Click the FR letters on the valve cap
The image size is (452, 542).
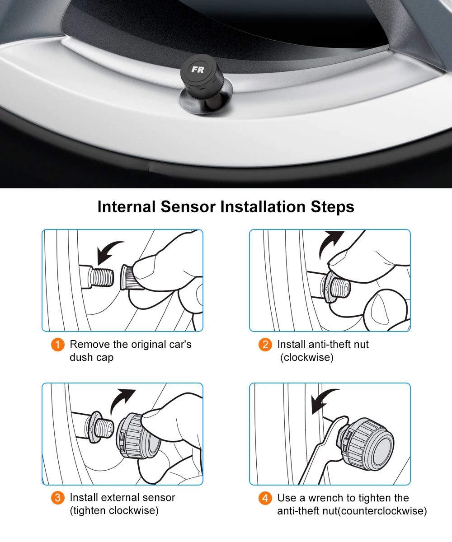click(x=198, y=70)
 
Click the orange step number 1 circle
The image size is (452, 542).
click(x=57, y=345)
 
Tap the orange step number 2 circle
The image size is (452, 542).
click(x=265, y=345)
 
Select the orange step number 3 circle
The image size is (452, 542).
click(x=57, y=498)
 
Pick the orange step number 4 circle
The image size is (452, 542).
click(x=265, y=498)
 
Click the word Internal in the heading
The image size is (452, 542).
click(x=127, y=207)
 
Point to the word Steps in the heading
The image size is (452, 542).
click(x=332, y=207)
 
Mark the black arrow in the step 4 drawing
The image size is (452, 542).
click(x=324, y=399)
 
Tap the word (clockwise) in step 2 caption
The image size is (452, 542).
click(x=306, y=357)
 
